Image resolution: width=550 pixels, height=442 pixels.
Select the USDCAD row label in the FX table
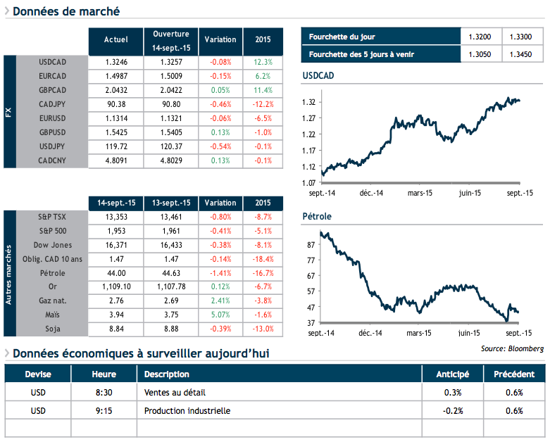tap(53, 62)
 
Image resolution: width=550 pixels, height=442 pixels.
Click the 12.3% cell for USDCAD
tap(263, 62)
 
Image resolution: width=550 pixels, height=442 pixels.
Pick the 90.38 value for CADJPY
tap(115, 104)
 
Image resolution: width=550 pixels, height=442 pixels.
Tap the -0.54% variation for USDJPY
tap(220, 146)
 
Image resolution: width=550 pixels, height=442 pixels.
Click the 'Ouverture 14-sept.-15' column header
tap(170, 40)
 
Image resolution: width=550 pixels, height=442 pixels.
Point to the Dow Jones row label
tap(53, 245)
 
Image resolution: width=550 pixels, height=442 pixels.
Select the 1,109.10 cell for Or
tap(115, 287)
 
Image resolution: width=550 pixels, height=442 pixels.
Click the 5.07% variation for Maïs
tap(220, 315)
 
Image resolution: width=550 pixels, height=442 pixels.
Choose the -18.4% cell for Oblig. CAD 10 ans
tap(263, 259)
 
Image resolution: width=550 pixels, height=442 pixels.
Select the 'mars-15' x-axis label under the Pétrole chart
tap(419, 331)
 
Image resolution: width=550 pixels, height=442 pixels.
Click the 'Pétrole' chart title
tap(316, 216)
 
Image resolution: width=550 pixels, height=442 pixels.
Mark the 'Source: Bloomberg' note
tap(513, 348)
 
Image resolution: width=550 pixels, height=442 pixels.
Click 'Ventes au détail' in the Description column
tap(175, 393)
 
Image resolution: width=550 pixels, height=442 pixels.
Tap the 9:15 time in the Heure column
tap(104, 410)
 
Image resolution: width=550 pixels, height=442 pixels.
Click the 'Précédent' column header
tap(514, 374)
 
